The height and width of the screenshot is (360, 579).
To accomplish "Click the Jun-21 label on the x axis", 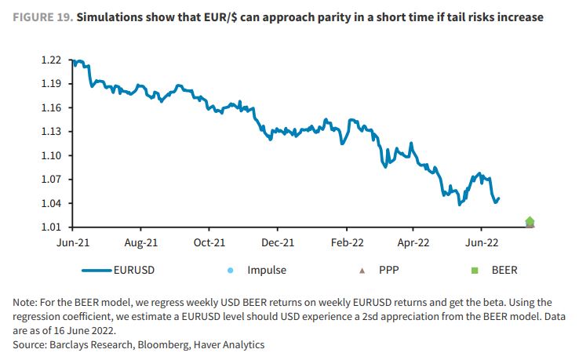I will click(72, 243).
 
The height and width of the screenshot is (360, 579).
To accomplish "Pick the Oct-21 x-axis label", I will click(210, 243).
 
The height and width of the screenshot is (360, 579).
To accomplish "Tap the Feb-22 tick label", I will click(348, 243).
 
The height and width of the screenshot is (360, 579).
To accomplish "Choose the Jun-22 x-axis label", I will click(485, 243).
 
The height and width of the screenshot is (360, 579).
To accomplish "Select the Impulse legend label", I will click(267, 270).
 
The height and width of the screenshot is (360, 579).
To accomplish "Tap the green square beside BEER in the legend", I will click(474, 270).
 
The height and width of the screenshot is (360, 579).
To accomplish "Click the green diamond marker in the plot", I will click(530, 222).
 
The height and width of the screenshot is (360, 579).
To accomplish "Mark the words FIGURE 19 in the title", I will click(40, 16).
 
